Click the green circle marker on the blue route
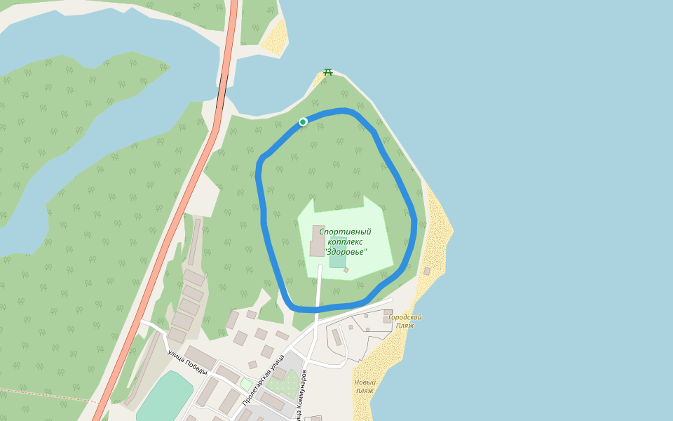(x=303, y=122)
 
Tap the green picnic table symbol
(x=327, y=72)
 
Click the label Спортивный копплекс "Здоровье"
(x=345, y=241)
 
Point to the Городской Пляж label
(x=405, y=321)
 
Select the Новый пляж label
(x=365, y=387)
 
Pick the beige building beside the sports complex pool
(x=318, y=241)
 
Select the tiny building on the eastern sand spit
(x=426, y=271)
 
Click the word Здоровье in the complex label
(x=345, y=252)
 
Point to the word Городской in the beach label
(x=405, y=317)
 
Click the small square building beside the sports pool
(x=346, y=270)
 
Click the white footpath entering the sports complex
(x=319, y=288)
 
